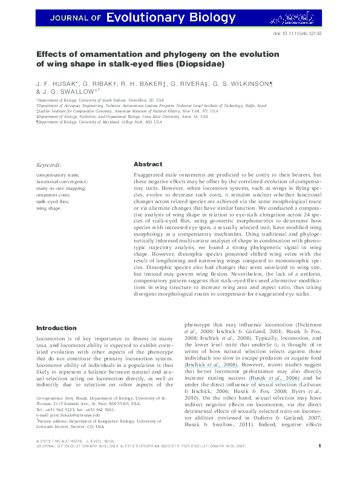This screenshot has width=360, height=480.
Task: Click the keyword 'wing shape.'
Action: pyautogui.click(x=49, y=208)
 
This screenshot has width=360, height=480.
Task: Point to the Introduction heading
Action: pyautogui.click(x=60, y=329)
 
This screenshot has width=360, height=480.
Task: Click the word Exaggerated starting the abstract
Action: pyautogui.click(x=152, y=175)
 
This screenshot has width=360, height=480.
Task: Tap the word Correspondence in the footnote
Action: pyautogui.click(x=52, y=399)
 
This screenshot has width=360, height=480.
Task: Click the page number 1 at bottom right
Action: pyautogui.click(x=319, y=464)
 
